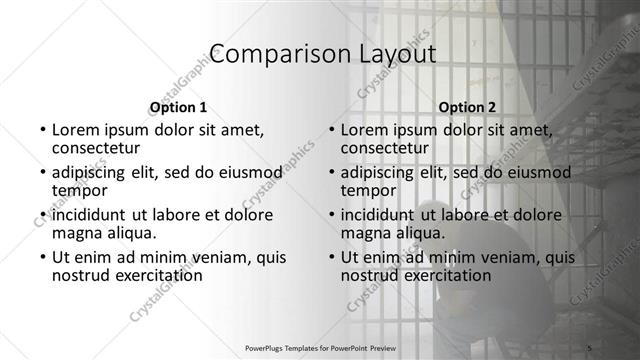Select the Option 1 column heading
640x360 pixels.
[x=178, y=107]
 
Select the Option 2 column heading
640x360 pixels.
[x=467, y=107]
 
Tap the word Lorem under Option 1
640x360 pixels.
[x=77, y=129]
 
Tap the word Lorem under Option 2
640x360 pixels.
[x=366, y=129]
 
